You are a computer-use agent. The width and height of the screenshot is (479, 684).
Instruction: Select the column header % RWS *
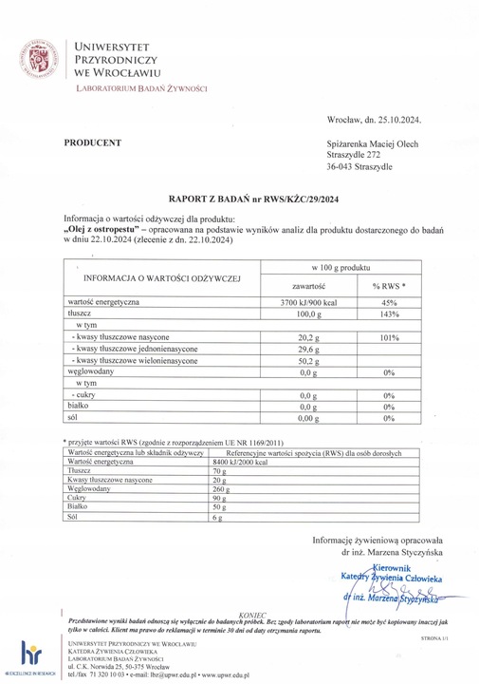click(x=388, y=285)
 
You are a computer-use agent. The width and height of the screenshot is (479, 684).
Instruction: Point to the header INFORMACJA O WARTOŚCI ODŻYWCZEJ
click(x=162, y=277)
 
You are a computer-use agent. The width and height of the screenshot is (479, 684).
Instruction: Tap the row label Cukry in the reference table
click(x=79, y=499)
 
